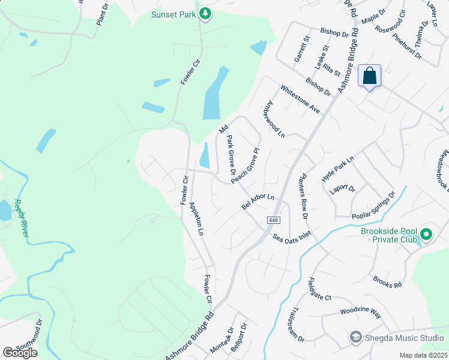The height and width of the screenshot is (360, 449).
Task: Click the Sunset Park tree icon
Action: pyautogui.click(x=205, y=13)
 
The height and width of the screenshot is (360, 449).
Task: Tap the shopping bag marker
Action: pyautogui.click(x=370, y=76)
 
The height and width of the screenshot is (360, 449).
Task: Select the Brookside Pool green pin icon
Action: pyautogui.click(x=427, y=234)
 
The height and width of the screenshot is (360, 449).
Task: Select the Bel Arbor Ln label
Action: pyautogui.click(x=258, y=201)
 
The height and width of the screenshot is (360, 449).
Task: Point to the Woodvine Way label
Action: pyautogui.click(x=360, y=313)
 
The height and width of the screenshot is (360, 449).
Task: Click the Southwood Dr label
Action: pyautogui.click(x=29, y=338)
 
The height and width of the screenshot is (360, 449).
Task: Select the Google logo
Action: pyautogui.click(x=20, y=353)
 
